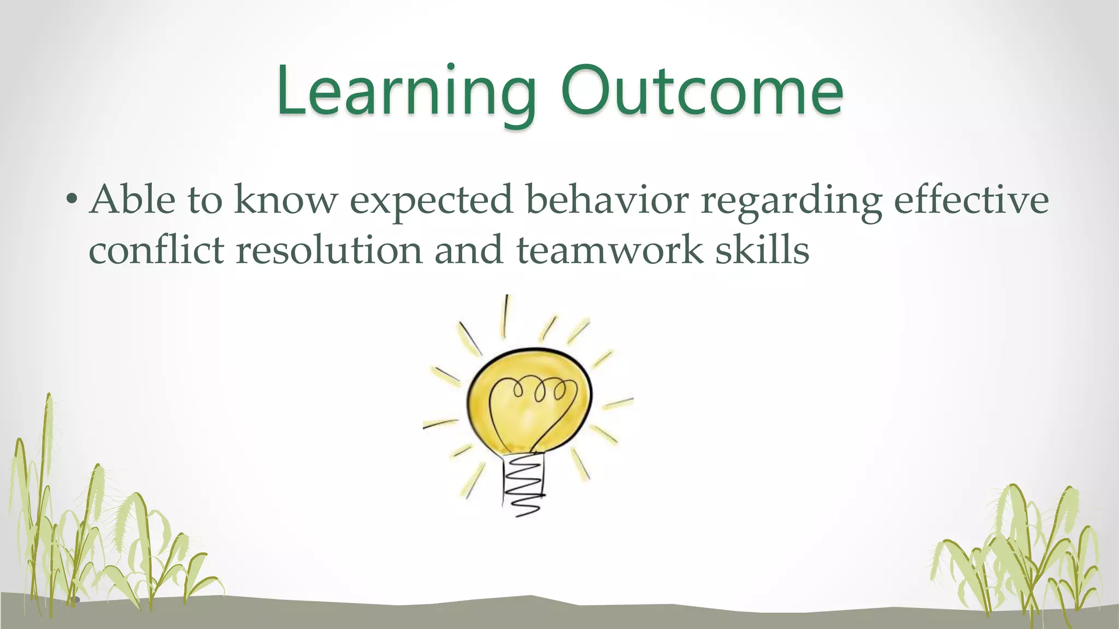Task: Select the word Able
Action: pos(133,200)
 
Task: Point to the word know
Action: pos(286,200)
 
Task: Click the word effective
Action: pos(971,200)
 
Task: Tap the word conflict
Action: pos(156,250)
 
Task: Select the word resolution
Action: pos(329,250)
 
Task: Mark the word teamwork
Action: pos(609,250)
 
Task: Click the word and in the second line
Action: pos(468,250)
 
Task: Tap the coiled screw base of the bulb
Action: pos(523,483)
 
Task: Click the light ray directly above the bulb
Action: pos(505,317)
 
